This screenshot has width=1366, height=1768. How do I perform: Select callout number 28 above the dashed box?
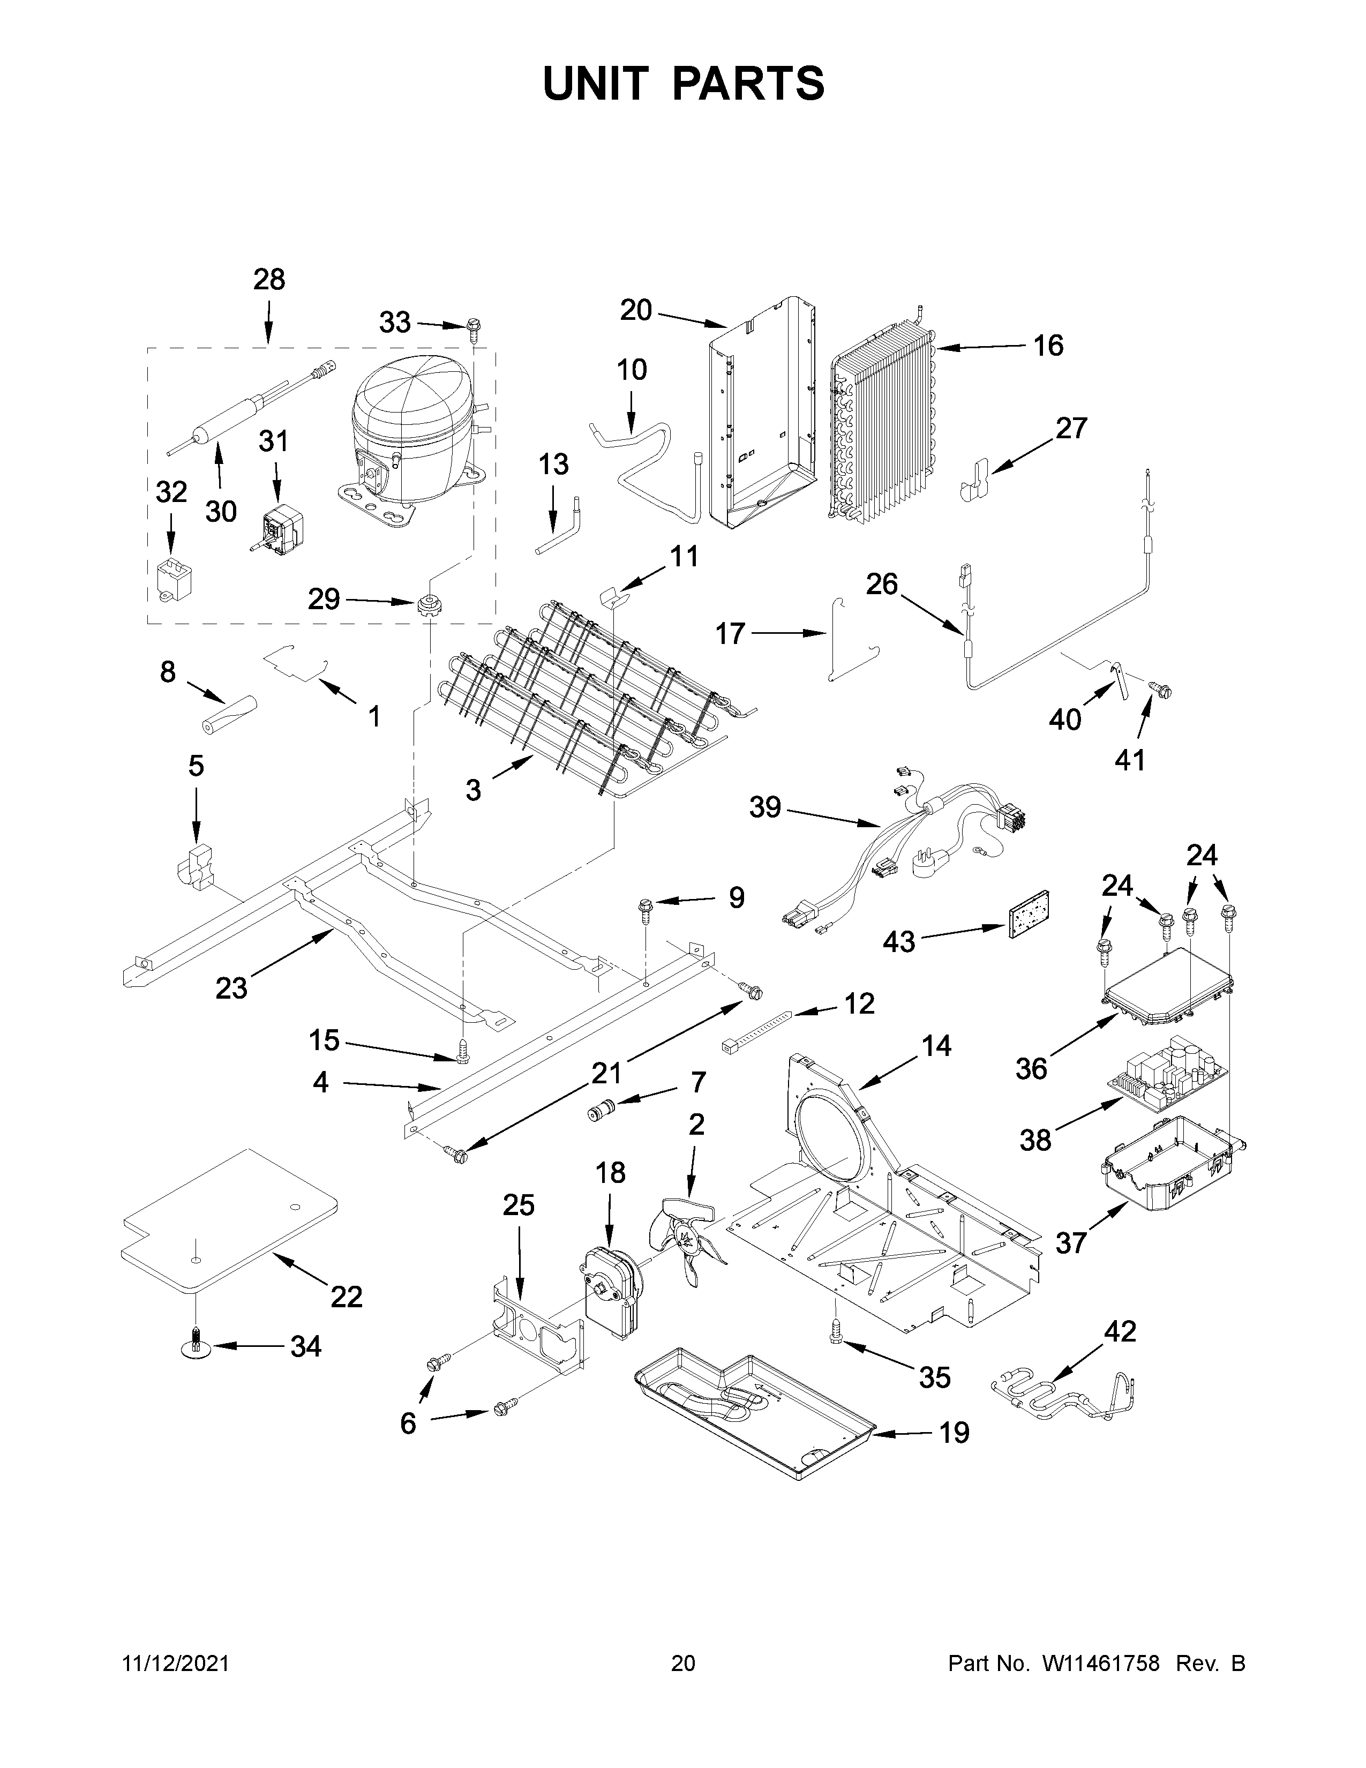point(269,280)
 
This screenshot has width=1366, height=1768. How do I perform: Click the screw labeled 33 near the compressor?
point(472,327)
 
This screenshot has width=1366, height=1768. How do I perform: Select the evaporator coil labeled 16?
point(882,421)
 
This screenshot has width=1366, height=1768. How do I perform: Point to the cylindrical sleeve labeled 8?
point(227,714)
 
